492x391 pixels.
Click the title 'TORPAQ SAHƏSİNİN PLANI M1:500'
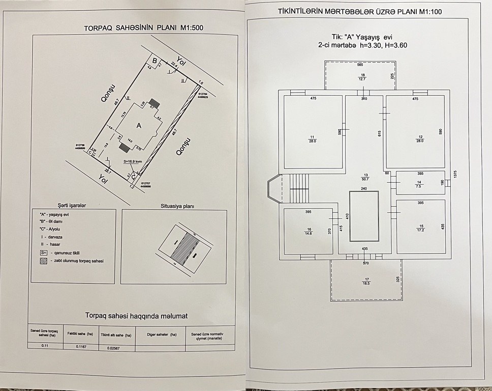143,28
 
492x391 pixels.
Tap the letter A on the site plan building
138,125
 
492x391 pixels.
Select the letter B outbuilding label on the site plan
155,60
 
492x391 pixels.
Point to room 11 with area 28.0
313,138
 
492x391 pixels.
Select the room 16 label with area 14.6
308,231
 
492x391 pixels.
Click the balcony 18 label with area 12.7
362,76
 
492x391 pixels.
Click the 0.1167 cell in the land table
82,346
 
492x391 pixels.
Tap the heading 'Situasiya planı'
175,208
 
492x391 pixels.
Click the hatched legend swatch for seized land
43,260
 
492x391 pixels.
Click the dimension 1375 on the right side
456,174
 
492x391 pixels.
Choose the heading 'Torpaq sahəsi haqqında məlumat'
136,316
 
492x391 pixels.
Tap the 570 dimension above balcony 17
365,263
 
